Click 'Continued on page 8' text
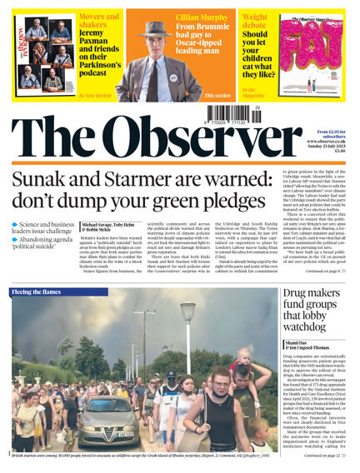click(x=326, y=271)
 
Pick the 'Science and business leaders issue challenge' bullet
click(x=45, y=229)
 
